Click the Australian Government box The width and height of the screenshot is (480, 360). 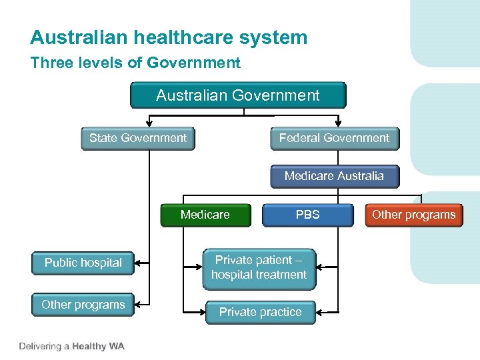[x=238, y=95]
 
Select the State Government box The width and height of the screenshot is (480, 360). [x=138, y=139]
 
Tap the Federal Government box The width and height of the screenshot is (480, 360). [x=334, y=139]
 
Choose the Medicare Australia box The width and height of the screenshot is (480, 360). [x=334, y=177]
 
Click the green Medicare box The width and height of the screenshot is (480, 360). [x=205, y=215]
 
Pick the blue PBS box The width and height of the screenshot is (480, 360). [x=307, y=215]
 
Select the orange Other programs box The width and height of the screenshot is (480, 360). [x=413, y=215]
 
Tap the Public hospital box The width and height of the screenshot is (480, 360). [x=83, y=263]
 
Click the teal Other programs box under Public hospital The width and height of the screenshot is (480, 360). [x=83, y=305]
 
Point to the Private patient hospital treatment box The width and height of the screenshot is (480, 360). [x=259, y=267]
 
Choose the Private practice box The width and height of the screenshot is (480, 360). [x=260, y=312]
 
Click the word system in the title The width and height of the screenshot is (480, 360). [x=275, y=37]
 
